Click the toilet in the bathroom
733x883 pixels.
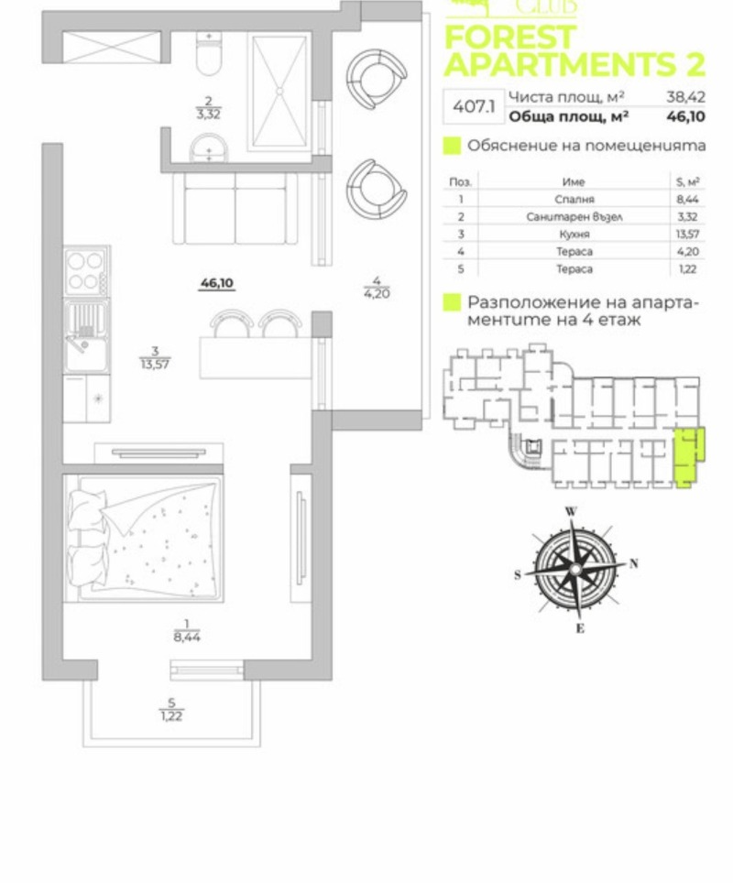209,56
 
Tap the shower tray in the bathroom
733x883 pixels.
279,92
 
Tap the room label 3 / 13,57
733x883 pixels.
156,356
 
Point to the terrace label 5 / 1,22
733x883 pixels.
170,710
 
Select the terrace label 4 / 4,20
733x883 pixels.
377,289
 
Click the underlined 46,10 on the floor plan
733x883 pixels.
216,283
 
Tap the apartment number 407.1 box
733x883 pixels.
473,106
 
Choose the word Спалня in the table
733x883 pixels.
574,199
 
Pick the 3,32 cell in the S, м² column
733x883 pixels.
687,217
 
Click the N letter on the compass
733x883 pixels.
633,563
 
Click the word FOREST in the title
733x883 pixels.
509,38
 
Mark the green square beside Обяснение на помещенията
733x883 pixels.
452,146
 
